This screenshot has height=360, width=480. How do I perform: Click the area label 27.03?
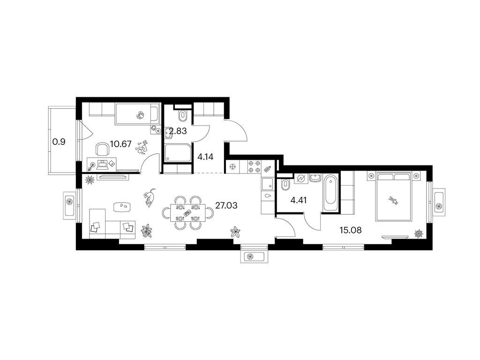[226, 205]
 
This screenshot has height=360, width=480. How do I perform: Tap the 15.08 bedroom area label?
[351, 230]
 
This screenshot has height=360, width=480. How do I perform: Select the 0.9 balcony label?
[59, 142]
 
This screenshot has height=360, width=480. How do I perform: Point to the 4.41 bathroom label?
[299, 201]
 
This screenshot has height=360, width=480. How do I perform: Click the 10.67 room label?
[120, 143]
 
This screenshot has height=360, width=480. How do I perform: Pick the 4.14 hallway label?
[205, 157]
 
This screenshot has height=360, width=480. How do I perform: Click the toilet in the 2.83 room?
[183, 116]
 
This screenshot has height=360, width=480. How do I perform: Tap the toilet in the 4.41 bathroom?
[285, 185]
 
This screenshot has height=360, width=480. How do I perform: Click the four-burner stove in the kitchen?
[254, 167]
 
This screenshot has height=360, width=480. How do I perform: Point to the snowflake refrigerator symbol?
[233, 167]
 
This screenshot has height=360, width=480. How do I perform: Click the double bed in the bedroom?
[394, 196]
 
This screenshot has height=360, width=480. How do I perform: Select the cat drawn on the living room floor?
[150, 197]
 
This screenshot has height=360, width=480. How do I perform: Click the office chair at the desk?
[103, 150]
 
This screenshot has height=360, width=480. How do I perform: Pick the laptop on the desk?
[103, 165]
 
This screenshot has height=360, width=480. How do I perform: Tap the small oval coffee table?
[124, 207]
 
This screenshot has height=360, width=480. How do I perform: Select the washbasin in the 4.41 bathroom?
[315, 178]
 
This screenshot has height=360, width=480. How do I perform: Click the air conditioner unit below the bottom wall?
[254, 256]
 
